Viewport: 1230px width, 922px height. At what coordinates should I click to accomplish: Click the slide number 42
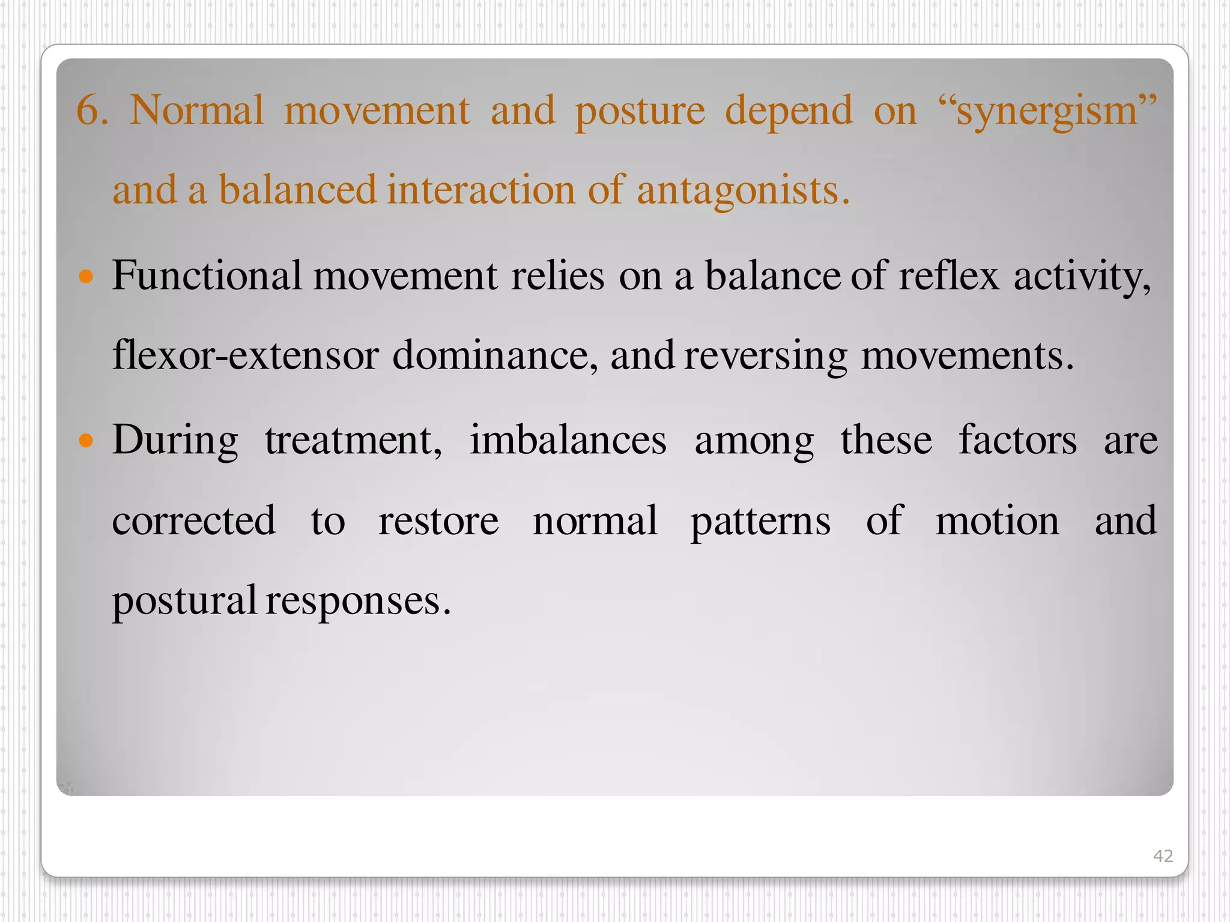1163,855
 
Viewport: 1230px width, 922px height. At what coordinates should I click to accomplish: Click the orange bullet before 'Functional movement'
86,277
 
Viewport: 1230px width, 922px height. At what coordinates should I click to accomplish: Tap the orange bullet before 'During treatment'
86,441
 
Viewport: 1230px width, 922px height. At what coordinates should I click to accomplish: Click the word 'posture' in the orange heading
640,112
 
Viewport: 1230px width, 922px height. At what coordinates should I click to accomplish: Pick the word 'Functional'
207,276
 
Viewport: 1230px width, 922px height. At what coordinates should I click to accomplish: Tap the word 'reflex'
948,276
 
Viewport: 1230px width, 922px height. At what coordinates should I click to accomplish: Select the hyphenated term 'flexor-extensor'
245,355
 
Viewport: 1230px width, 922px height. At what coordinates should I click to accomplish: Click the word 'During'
175,441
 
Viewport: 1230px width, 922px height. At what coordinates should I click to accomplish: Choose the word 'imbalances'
568,440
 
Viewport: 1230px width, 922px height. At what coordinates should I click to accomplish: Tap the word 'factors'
1017,440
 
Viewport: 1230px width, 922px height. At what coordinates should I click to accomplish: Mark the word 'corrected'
193,520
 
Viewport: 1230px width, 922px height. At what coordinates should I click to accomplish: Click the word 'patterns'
760,522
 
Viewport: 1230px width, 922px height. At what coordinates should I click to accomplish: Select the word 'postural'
184,601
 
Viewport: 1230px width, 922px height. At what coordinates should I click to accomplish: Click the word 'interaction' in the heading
480,191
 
